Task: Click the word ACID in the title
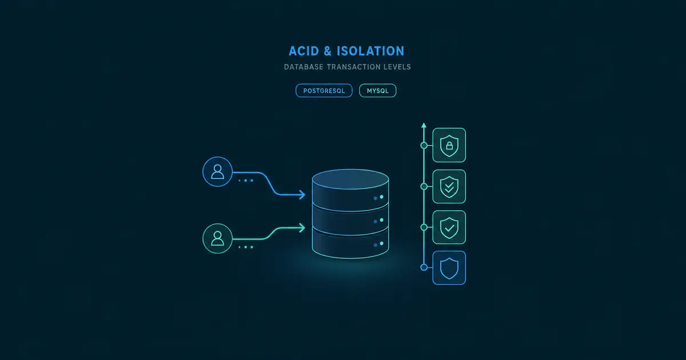point(304,51)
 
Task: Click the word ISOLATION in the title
point(370,51)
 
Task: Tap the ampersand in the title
point(328,51)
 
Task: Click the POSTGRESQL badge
point(324,91)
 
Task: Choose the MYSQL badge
point(378,91)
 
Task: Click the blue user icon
point(217,172)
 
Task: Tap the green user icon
point(217,238)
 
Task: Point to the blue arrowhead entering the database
point(302,194)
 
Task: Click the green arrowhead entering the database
point(302,228)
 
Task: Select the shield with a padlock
point(449,145)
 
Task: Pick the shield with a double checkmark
point(449,186)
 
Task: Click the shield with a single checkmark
point(449,227)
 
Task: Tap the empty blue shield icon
point(449,268)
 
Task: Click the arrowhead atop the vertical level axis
point(424,125)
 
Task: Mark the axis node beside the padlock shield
point(424,145)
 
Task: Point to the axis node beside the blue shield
point(424,267)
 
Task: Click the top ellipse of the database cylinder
point(350,179)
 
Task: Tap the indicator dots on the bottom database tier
point(378,245)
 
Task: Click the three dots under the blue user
point(246,181)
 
